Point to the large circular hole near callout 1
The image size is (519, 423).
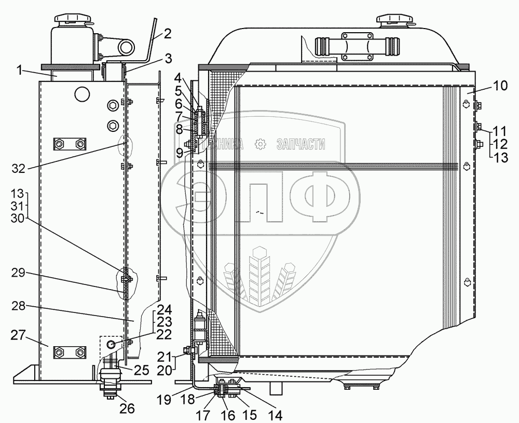tap(82, 93)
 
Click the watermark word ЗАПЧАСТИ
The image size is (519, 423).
tap(302, 144)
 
